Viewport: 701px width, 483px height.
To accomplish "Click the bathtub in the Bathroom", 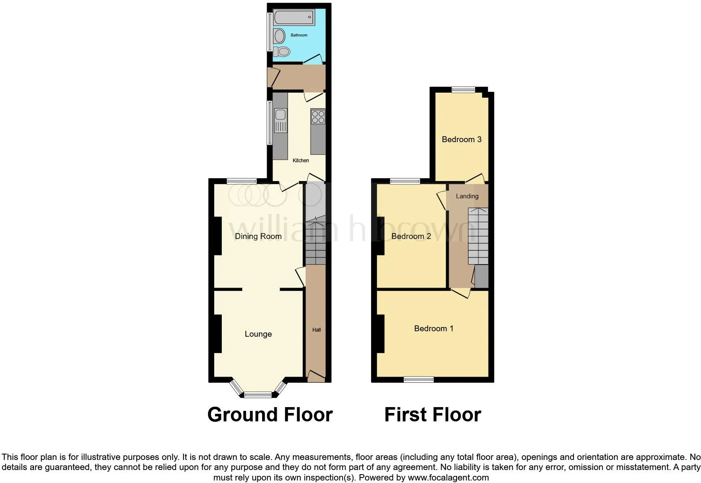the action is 294,17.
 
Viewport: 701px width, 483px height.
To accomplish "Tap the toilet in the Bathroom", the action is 282,52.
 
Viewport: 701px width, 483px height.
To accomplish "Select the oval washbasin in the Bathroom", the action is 280,36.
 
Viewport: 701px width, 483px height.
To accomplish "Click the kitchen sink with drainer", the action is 280,120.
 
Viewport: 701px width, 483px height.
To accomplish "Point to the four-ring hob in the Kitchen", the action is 318,117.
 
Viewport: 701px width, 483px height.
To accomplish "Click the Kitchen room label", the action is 301,161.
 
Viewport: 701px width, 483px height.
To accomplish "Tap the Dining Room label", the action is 258,236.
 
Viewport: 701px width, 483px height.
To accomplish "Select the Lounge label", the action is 258,334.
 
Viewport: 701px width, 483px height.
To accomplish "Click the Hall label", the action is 317,330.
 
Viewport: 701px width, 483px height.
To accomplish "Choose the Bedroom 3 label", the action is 462,139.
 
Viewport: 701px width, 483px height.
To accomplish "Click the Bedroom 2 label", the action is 411,236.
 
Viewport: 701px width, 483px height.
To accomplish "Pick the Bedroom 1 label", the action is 434,328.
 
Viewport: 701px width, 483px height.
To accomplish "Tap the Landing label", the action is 467,196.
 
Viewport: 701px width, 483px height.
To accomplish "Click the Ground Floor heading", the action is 270,414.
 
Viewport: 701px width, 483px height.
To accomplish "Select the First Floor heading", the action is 433,414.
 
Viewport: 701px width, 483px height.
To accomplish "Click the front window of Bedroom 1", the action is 419,380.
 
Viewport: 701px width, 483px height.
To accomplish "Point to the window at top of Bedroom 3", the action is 463,90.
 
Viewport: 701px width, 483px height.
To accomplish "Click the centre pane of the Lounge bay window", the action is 258,395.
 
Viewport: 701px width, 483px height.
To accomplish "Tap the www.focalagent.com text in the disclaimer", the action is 448,478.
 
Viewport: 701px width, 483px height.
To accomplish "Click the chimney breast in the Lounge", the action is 218,334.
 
